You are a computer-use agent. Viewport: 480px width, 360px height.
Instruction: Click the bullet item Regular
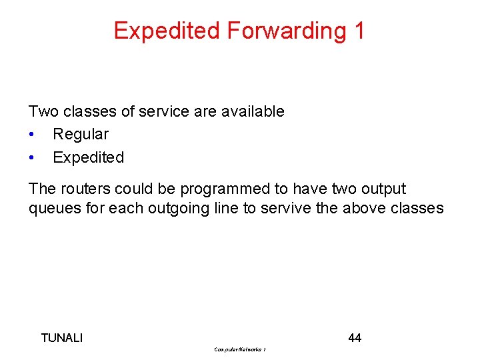point(81,134)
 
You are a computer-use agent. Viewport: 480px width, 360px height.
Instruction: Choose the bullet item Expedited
point(88,157)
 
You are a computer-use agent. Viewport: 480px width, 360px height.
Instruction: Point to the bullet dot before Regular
point(32,135)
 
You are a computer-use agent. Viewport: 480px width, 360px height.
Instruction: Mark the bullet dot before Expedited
point(32,158)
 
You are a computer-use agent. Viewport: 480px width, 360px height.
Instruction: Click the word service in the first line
point(163,111)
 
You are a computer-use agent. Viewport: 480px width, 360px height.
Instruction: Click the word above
point(364,208)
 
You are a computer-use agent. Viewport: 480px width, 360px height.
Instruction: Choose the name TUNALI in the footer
point(62,338)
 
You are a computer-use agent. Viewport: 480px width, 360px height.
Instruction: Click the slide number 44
point(355,338)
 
